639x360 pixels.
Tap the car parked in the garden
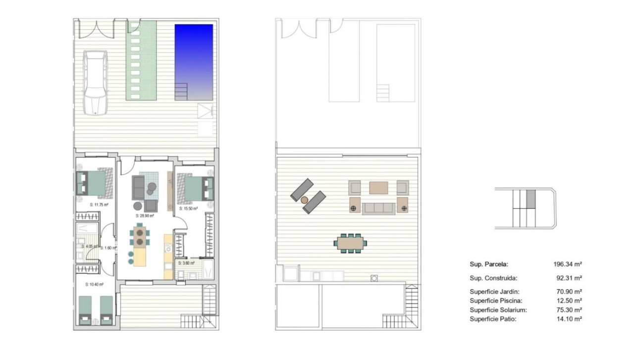click(96, 83)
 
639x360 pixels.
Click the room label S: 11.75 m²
click(99, 204)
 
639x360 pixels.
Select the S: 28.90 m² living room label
click(145, 216)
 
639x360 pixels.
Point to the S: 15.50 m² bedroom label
click(188, 208)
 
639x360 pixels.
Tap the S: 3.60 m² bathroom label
click(187, 263)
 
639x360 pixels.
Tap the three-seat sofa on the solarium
click(379, 208)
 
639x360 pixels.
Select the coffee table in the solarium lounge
click(379, 187)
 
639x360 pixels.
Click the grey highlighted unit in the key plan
click(531, 199)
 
